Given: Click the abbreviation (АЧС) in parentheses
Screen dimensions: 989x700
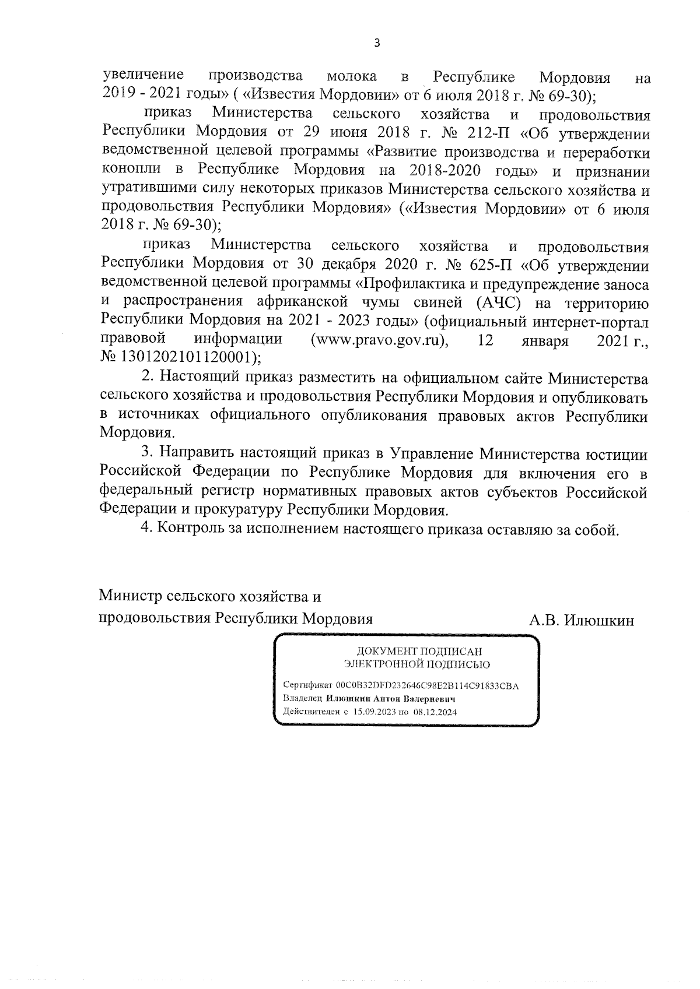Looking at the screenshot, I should pyautogui.click(x=492, y=303).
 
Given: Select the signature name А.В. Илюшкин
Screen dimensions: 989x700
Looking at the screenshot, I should pyautogui.click(x=581, y=621).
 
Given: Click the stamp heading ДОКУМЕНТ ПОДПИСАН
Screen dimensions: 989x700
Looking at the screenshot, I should pyautogui.click(x=419, y=652).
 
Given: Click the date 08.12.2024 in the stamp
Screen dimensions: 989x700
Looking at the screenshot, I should pyautogui.click(x=435, y=712).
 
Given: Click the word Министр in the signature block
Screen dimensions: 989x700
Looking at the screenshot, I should pyautogui.click(x=130, y=597).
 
